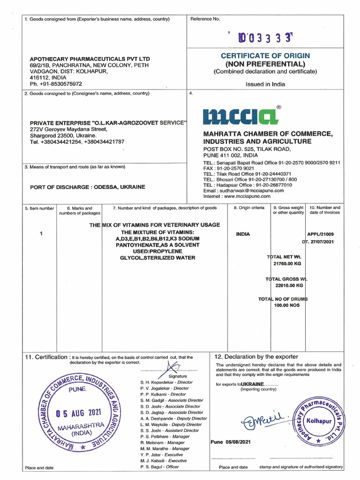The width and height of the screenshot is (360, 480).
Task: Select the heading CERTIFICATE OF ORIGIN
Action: tap(265, 56)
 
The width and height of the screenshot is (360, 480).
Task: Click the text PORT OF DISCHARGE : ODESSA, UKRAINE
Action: tap(88, 187)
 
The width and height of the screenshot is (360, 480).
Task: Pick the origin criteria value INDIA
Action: tap(243, 234)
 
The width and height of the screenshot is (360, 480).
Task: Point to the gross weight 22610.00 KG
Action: tap(289, 285)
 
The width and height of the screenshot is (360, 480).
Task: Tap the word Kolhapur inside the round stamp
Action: tap(319, 421)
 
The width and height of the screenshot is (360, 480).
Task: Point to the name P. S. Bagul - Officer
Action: tap(159, 467)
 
